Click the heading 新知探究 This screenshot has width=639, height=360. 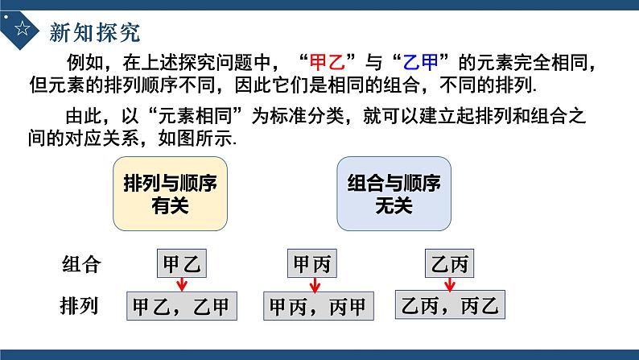pyautogui.click(x=94, y=31)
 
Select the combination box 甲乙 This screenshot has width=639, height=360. pyautogui.click(x=181, y=264)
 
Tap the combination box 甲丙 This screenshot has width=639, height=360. pyautogui.click(x=311, y=264)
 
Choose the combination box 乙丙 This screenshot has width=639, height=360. pyautogui.click(x=449, y=264)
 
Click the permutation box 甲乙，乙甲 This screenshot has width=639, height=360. pyautogui.click(x=181, y=307)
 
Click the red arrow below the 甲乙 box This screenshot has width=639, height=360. pyautogui.click(x=182, y=284)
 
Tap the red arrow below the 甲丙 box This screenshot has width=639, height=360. pyautogui.click(x=312, y=284)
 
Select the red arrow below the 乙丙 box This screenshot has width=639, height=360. pyautogui.click(x=449, y=284)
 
